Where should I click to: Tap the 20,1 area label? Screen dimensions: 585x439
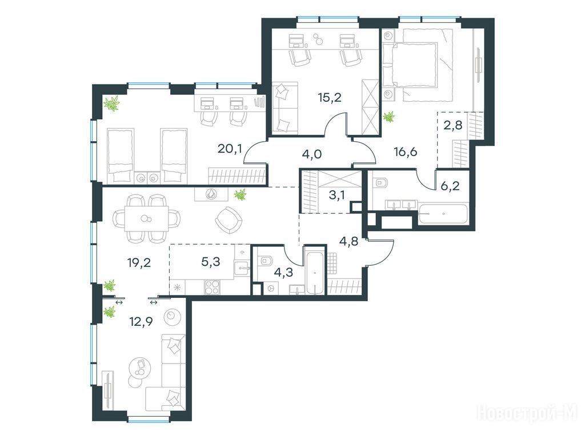pos(230,149)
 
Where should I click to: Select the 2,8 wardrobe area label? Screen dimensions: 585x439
pos(453,125)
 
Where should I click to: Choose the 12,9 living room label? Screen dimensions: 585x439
pos(140,321)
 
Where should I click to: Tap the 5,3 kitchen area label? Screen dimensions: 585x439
pos(211,262)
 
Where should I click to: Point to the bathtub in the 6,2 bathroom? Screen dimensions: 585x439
pos(443,214)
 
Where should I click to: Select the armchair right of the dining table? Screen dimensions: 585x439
pos(229,221)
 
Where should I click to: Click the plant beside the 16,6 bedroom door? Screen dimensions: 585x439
pos(389,118)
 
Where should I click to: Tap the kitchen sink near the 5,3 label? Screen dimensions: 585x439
pos(242,268)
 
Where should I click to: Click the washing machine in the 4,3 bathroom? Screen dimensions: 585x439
pos(270,288)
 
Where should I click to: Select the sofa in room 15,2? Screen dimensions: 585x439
pos(285,107)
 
